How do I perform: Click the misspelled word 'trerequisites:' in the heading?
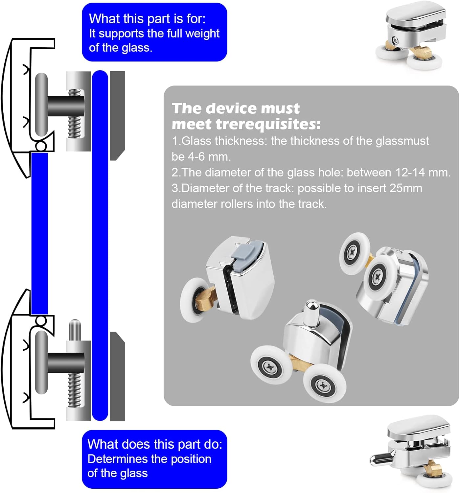[x=268, y=125]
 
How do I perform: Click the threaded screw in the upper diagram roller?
[x=75, y=113]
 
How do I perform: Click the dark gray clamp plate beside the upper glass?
[x=117, y=115]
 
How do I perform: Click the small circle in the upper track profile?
[x=41, y=146]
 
